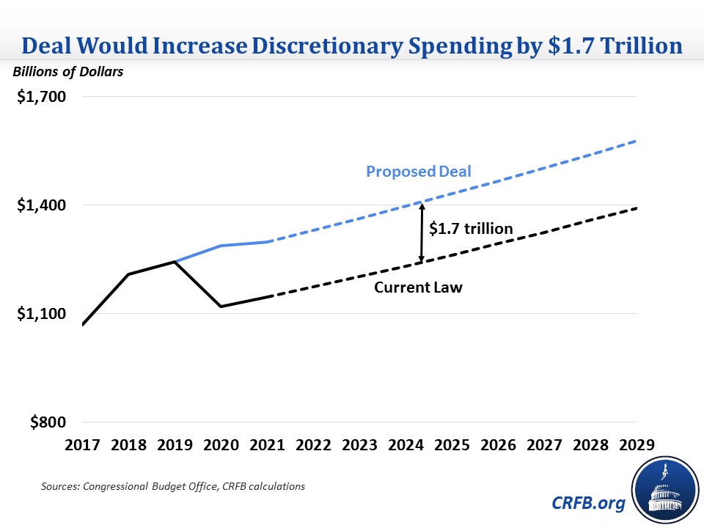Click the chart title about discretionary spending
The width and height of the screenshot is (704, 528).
[x=352, y=45]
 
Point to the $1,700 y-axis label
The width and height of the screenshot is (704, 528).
[x=41, y=97]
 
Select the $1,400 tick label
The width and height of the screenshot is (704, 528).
[x=41, y=205]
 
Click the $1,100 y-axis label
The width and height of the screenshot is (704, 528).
[x=41, y=314]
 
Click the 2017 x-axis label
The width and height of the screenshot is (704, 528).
[x=82, y=445]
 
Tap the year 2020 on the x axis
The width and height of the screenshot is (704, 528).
[x=221, y=445]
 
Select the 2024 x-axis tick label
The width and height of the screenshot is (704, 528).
[x=406, y=445]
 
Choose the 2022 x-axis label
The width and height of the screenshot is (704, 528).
[x=314, y=445]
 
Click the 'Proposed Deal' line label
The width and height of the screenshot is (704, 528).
[x=419, y=172]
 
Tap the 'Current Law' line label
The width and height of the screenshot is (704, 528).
[x=418, y=287]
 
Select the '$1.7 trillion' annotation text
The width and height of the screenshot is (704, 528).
[x=471, y=229]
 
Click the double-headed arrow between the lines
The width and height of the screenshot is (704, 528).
[x=421, y=232]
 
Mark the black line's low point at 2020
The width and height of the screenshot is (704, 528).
[x=221, y=306]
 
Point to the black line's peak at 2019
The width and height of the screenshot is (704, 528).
[x=175, y=261]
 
